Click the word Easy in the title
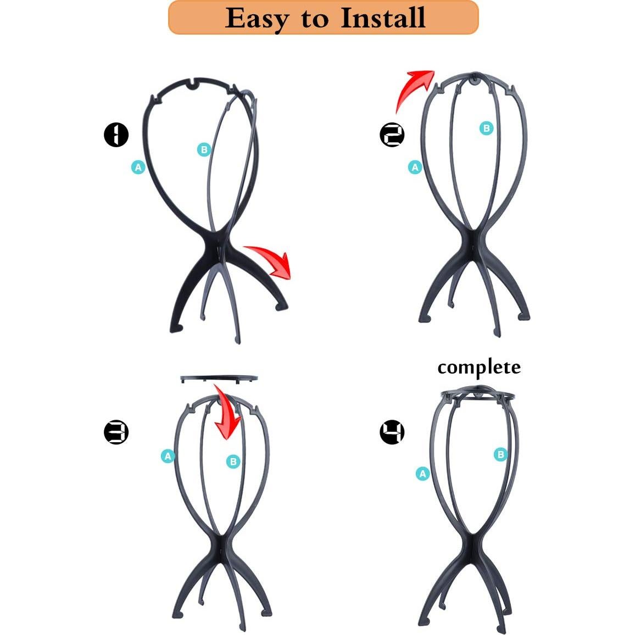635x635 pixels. click(x=257, y=18)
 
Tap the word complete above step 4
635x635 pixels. click(x=479, y=367)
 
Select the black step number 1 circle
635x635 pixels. click(x=116, y=135)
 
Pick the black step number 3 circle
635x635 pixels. click(x=116, y=432)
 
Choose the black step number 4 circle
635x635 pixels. click(x=392, y=432)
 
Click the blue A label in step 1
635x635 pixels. click(x=138, y=167)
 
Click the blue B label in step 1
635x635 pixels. click(x=204, y=149)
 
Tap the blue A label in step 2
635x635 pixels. click(x=415, y=167)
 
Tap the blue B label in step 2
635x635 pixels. click(x=486, y=129)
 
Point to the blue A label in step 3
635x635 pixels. click(x=168, y=456)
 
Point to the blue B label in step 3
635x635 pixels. click(x=233, y=461)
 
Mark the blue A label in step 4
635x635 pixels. click(x=422, y=474)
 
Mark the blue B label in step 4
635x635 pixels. click(x=500, y=454)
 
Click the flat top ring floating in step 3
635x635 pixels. click(x=219, y=378)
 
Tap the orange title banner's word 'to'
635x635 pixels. click(x=314, y=19)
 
